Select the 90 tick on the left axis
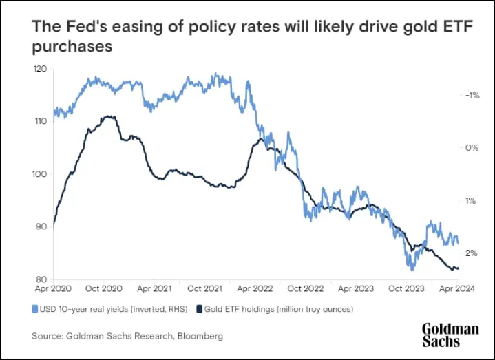tap(40, 226)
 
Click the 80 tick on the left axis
tap(40, 279)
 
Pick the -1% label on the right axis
tap(471, 95)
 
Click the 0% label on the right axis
tap(471, 148)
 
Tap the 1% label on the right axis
tap(471, 201)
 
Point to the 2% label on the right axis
tap(471, 253)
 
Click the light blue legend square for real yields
tap(35, 309)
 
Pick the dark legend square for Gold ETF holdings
tap(200, 309)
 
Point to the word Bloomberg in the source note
tap(201, 336)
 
